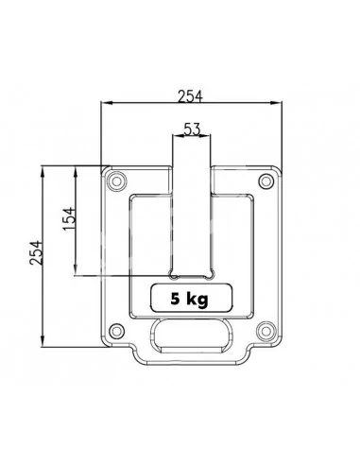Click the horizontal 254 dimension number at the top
[190, 96]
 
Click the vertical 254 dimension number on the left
[36, 252]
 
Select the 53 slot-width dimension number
[192, 129]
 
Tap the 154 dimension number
[69, 218]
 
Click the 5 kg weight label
[190, 299]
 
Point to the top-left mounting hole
[116, 181]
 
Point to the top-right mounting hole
[266, 181]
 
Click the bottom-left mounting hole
[116, 331]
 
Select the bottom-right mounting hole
[266, 331]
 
